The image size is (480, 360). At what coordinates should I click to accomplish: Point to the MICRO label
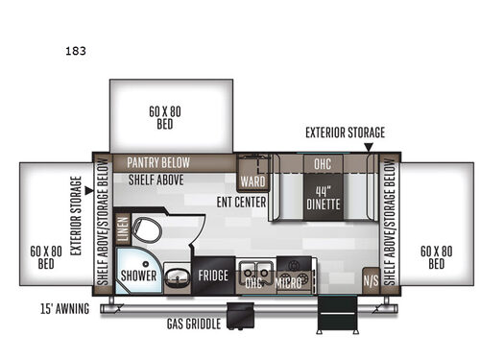[x=289, y=282]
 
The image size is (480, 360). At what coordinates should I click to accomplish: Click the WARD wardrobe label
[x=253, y=180]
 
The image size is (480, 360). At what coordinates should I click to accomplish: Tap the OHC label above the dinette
[x=323, y=164]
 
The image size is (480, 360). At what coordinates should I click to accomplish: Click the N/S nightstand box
[x=371, y=280]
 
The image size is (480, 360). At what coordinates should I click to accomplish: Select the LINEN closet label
[x=122, y=231]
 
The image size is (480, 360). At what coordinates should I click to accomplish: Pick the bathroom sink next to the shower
[x=176, y=277]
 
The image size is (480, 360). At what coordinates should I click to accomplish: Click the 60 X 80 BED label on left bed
[x=45, y=256]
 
